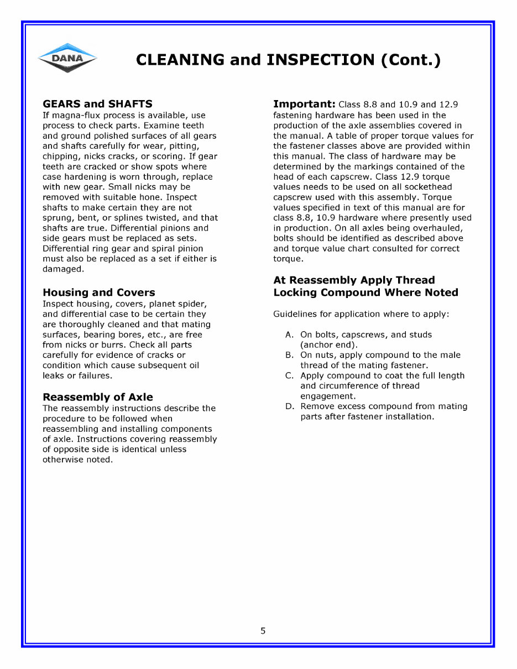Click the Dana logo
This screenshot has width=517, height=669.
[67, 58]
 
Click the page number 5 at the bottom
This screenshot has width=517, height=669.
[263, 631]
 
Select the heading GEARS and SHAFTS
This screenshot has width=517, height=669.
[97, 104]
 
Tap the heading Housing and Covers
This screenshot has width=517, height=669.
[99, 292]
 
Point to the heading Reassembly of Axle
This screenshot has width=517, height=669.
[98, 397]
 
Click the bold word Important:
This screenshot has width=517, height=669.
[304, 104]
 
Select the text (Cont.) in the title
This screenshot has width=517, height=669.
[411, 60]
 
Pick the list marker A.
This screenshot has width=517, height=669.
[289, 335]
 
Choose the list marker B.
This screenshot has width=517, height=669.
[289, 356]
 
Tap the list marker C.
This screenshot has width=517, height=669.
[289, 376]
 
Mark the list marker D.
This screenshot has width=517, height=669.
[289, 406]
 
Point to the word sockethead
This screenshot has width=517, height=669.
[427, 187]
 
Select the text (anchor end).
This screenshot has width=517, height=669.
[329, 345]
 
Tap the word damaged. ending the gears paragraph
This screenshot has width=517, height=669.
[63, 269]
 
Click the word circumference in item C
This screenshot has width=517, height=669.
[346, 386]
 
